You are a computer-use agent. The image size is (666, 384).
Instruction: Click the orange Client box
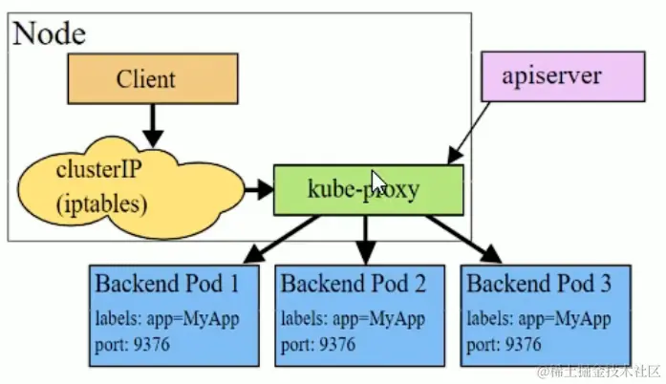[x=152, y=78]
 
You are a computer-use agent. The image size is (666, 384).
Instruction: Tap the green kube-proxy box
[x=368, y=189]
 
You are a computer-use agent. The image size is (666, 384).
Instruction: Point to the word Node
[x=49, y=34]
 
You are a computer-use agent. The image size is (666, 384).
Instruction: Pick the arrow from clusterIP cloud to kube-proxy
[x=256, y=189]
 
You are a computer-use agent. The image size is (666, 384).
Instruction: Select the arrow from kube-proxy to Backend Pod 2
[x=364, y=239]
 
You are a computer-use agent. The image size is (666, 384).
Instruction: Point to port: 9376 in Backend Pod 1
[x=133, y=343]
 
